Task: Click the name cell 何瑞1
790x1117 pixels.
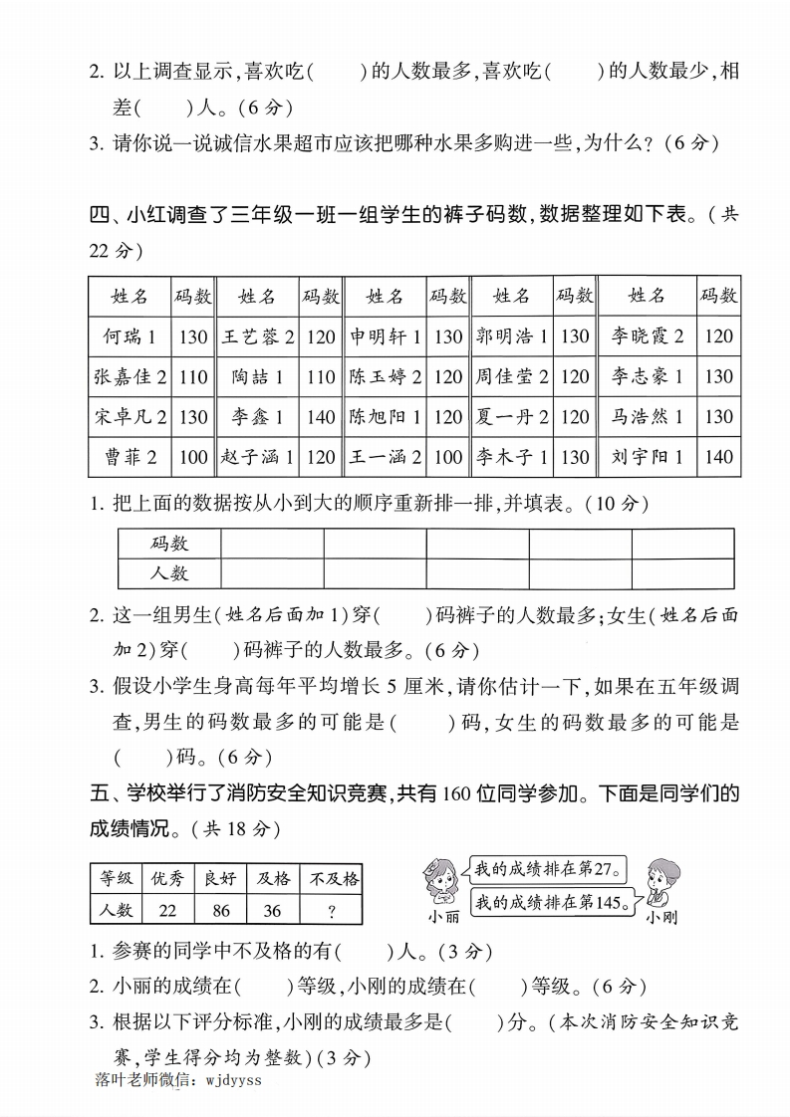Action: [130, 336]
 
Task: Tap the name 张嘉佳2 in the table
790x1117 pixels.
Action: [130, 376]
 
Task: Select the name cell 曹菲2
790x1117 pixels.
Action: [130, 457]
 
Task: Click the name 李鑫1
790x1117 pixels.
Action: [257, 417]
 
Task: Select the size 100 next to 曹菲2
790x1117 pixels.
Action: [193, 457]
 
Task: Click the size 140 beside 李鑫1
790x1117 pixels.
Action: [321, 417]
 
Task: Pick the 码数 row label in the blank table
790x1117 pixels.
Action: [169, 544]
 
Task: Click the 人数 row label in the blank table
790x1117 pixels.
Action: [169, 573]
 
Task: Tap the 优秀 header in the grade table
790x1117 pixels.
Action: [166, 878]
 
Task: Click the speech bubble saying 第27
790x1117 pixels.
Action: [547, 869]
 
